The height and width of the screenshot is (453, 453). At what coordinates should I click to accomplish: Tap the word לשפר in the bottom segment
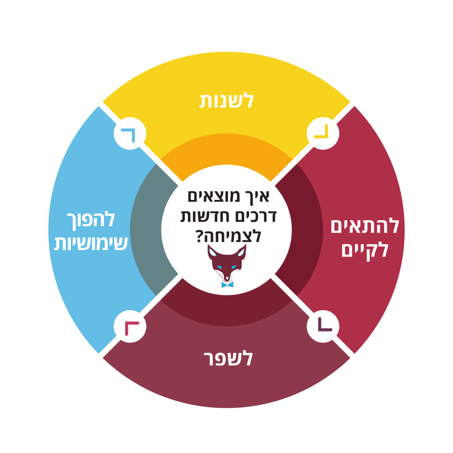click(228, 358)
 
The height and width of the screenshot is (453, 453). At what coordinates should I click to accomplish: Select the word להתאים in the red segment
click(365, 226)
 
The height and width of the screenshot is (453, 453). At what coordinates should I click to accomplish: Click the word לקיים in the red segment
click(365, 250)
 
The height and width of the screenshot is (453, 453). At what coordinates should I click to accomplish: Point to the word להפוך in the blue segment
click(91, 220)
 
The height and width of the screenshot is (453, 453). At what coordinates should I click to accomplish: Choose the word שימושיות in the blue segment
click(91, 243)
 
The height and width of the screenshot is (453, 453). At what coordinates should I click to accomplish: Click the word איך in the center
click(258, 197)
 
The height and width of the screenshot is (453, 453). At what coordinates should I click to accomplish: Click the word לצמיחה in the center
click(233, 236)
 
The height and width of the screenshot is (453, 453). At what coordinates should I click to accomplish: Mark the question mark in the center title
click(200, 236)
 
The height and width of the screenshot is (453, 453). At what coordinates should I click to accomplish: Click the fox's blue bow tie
click(227, 284)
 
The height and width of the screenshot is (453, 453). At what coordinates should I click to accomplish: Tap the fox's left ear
click(212, 252)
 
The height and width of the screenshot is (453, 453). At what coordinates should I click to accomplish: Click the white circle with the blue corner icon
click(130, 134)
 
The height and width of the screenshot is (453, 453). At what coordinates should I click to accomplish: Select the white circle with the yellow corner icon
click(323, 134)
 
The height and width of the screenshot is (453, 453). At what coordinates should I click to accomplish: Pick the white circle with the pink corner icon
click(130, 326)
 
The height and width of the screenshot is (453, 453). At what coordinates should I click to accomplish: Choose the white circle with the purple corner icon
click(323, 326)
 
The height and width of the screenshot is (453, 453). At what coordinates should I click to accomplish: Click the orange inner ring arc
click(226, 149)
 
